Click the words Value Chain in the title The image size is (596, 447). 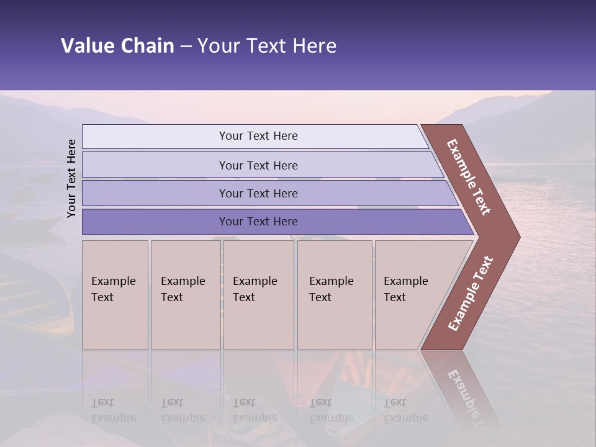117,45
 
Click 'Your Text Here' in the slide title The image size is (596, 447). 267,45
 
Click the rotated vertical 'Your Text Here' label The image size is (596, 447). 71,179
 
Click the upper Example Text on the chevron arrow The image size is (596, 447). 469,177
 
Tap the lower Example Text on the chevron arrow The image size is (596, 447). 470,294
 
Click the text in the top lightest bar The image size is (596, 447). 258,136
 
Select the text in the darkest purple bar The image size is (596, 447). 258,222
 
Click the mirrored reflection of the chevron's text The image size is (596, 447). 463,395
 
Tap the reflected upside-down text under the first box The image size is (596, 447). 113,411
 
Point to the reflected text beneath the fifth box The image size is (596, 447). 405,411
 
